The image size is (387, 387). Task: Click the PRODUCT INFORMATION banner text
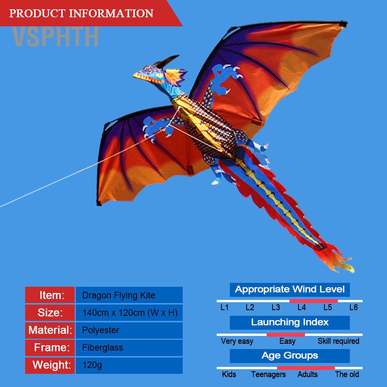pos(81,13)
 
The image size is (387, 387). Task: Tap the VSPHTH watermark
pos(55,37)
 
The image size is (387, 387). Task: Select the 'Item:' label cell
pos(50,295)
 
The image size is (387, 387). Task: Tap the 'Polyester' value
pos(101,330)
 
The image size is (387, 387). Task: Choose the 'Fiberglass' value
pos(103,348)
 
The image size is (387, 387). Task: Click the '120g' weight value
pos(92,365)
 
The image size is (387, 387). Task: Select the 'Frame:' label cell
pos(50,348)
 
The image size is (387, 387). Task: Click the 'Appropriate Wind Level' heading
pos(289,289)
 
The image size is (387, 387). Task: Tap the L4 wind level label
pos(301,308)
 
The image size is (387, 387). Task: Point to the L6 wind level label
pos(353,308)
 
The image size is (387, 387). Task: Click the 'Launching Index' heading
pos(289,322)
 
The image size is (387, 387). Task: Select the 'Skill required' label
pos(338,341)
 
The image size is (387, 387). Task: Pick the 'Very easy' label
pos(237,341)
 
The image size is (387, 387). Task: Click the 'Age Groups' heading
pos(289,356)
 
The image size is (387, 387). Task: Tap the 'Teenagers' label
pos(268,374)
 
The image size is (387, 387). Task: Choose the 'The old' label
pos(347,374)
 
